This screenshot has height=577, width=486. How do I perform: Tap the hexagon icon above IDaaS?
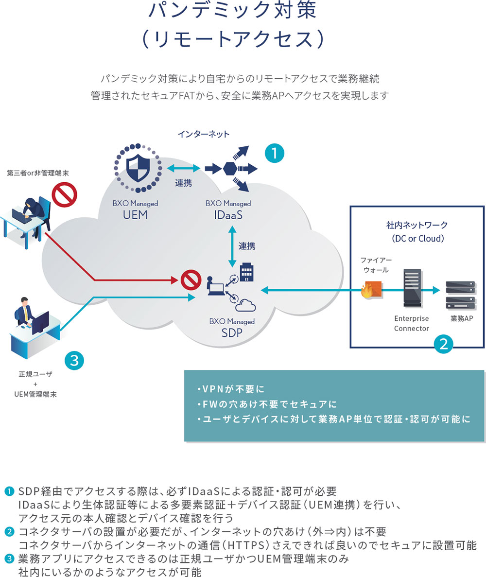[230, 169]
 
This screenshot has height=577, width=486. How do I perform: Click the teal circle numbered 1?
[274, 154]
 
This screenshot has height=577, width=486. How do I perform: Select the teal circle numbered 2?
[443, 344]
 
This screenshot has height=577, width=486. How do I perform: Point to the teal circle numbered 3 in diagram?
[74, 361]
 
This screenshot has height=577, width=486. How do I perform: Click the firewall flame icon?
[366, 291]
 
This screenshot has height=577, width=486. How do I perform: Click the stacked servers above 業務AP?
[460, 295]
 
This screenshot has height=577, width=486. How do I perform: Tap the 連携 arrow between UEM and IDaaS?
[183, 168]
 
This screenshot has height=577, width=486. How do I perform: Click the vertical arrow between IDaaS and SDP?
[231, 245]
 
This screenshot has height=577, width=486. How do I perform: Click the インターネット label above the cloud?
[203, 134]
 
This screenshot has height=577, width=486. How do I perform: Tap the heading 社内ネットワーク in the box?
[417, 225]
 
